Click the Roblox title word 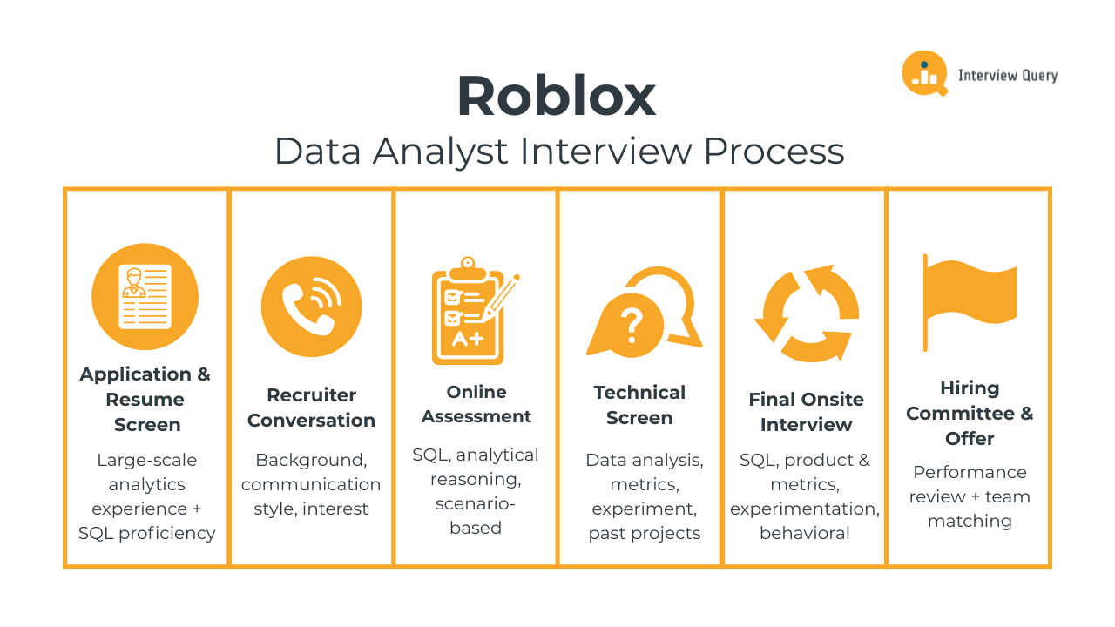tap(556, 97)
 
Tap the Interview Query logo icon tap(923, 73)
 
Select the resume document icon tap(145, 296)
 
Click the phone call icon tap(311, 307)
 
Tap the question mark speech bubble tap(632, 324)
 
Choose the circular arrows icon tap(806, 313)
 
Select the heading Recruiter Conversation tap(311, 408)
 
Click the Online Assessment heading tap(476, 404)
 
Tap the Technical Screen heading tap(639, 405)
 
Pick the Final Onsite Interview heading tap(806, 412)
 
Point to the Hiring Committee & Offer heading tap(970, 413)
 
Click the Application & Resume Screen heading tap(145, 399)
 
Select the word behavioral tap(805, 533)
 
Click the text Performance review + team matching tap(970, 496)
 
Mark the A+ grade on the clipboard tap(467, 339)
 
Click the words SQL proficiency tap(147, 533)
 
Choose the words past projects tap(644, 533)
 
